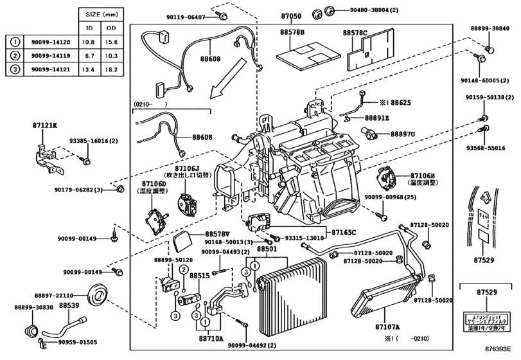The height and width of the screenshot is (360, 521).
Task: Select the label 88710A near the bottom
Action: tap(211, 337)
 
